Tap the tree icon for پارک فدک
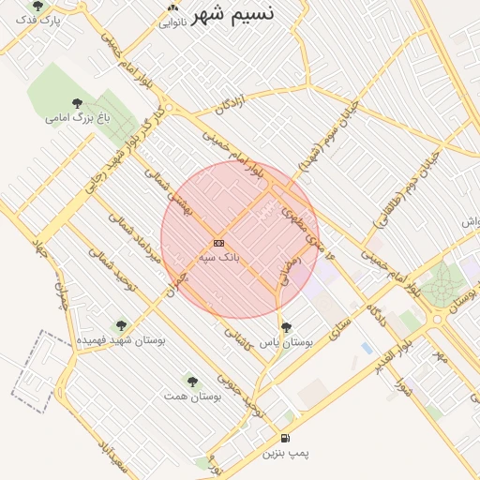37,6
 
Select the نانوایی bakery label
172,22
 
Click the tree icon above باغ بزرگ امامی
77,103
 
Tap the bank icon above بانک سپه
219,243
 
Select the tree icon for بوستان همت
192,382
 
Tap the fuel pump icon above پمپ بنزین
285,439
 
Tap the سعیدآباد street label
110,457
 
